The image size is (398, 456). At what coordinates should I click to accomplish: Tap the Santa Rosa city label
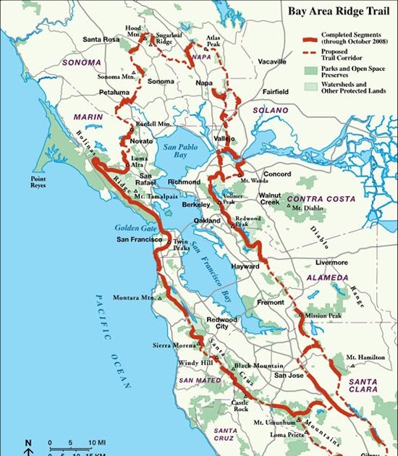point(101,39)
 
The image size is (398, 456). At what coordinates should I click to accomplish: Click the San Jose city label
point(287,375)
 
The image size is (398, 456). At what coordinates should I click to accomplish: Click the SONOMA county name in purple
point(80,63)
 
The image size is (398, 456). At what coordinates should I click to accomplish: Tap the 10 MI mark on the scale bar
point(97,442)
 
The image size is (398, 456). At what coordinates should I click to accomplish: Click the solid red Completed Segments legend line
point(309,38)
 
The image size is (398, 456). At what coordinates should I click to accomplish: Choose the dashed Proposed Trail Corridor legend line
point(309,53)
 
